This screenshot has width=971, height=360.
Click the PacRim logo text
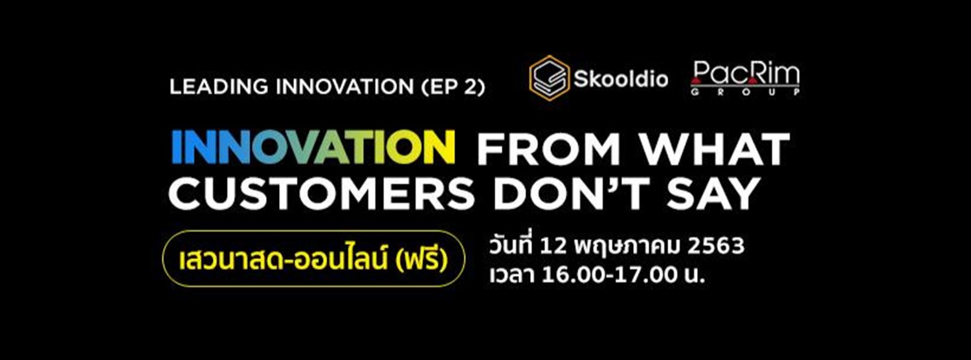745,74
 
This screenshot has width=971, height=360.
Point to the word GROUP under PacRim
745,93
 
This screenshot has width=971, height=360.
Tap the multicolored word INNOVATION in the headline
314,149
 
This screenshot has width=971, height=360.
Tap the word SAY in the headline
709,193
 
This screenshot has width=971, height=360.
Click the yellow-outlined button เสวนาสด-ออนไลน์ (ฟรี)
313,258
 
